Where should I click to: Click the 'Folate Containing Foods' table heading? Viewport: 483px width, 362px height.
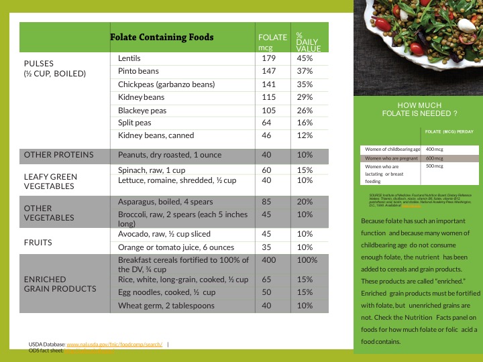pos(162,38)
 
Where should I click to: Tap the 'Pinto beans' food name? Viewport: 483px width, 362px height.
pos(138,71)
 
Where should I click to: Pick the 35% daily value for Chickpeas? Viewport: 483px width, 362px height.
pos(305,84)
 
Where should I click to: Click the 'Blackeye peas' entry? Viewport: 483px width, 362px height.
pos(142,110)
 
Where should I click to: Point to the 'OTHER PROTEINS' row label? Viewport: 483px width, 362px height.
pos(58,155)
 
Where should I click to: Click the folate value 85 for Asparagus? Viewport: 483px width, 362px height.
pos(266,202)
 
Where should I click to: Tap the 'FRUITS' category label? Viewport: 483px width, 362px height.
pos(39,242)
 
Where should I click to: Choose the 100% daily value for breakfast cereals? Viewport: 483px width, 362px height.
pos(307,259)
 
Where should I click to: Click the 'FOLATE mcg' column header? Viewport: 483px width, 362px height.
pos(272,42)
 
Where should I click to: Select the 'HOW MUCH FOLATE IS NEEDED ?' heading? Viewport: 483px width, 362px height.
pos(419,110)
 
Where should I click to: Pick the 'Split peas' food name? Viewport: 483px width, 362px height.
pos(135,123)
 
